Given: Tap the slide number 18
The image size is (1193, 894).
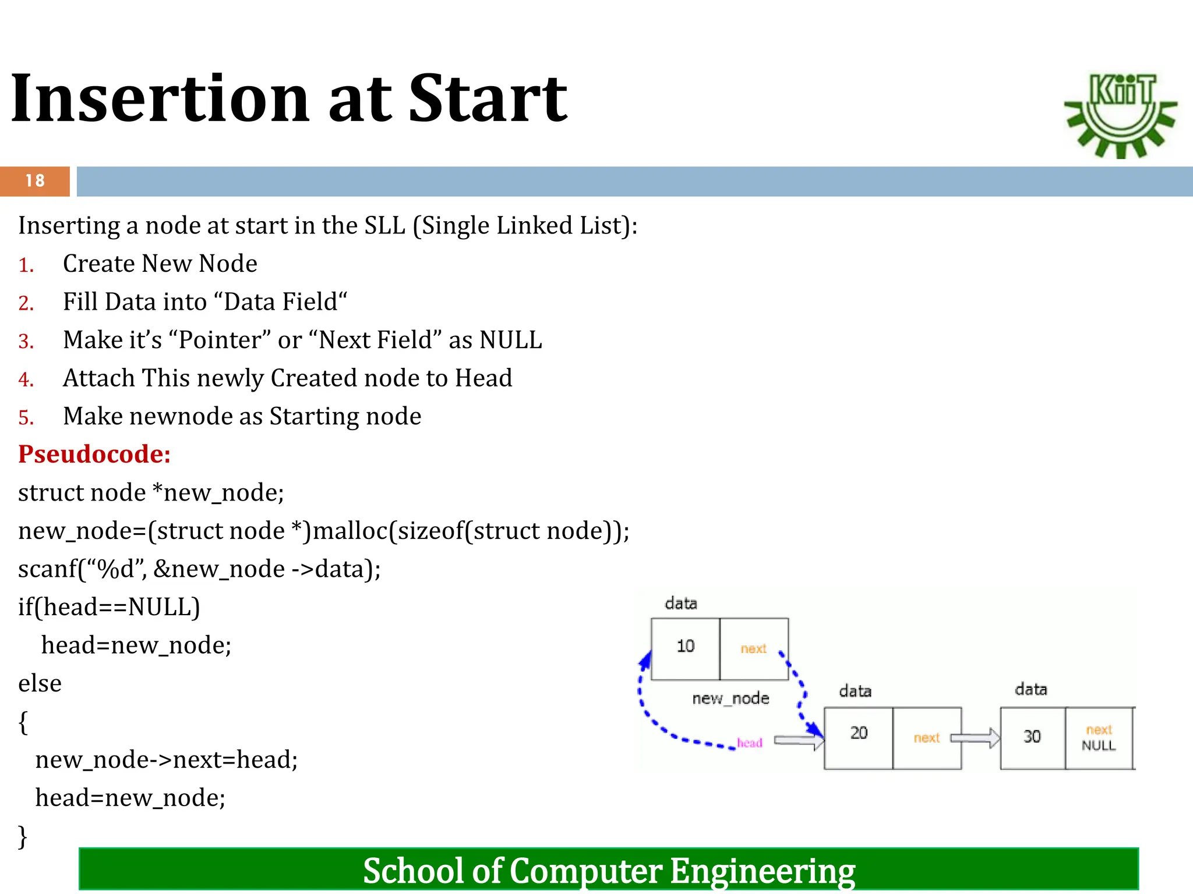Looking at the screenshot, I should (x=35, y=181).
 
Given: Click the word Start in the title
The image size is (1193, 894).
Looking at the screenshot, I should (x=487, y=99).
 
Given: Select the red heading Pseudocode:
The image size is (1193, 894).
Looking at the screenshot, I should (x=94, y=454).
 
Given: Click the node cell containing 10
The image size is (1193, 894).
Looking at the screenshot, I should (x=685, y=647).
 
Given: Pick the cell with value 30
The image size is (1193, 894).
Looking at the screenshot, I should (x=1032, y=737).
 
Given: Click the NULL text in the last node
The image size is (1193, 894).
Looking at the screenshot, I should (x=1099, y=746).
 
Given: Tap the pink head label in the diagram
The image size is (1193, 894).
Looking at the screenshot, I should (x=749, y=743).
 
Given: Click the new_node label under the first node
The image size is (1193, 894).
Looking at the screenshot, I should (x=730, y=698).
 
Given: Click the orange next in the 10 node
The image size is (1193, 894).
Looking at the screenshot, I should (x=753, y=648).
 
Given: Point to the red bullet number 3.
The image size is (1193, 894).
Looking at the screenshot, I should (x=26, y=342).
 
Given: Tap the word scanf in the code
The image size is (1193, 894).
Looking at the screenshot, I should (x=47, y=569).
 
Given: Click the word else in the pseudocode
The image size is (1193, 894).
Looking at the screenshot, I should (x=40, y=683).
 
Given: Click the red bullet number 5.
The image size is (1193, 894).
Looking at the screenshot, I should (x=26, y=418).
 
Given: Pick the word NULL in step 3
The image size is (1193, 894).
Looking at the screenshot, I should (x=510, y=340).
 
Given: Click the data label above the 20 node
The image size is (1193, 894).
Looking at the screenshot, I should (x=855, y=691).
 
